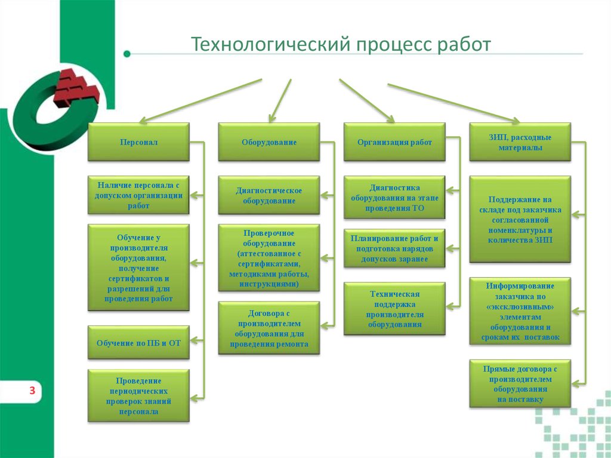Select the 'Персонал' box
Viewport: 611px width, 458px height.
[138, 142]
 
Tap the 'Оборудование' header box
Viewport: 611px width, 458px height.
[269, 142]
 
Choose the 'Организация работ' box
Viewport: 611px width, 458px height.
[394, 142]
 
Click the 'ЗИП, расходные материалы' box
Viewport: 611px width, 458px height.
[520, 142]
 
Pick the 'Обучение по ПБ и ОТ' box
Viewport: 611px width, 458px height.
[138, 343]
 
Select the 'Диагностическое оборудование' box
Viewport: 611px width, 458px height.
[269, 195]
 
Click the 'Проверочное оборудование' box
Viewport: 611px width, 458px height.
[269, 258]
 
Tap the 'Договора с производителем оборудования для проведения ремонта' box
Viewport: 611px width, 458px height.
[269, 328]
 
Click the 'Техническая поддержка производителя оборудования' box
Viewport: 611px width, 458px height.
[394, 308]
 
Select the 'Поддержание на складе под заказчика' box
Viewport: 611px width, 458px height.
[520, 219]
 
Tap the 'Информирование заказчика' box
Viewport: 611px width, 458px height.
[520, 311]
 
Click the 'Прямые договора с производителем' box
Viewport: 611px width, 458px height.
[520, 383]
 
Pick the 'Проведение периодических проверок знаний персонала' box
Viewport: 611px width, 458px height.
[138, 396]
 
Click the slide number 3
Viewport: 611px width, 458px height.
[32, 391]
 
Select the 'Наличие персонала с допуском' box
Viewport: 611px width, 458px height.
[138, 195]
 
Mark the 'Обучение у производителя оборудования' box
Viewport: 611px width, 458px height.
[138, 268]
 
